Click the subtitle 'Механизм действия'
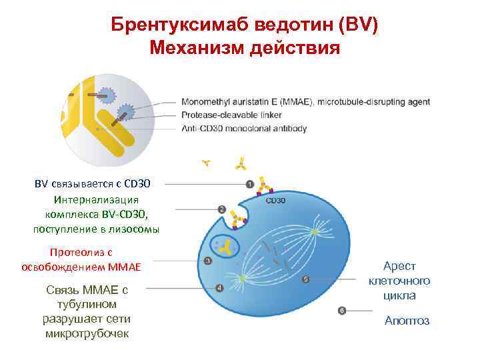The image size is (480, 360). [245, 48]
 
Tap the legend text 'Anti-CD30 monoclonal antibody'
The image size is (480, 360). [244, 128]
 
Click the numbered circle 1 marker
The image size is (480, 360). [249, 184]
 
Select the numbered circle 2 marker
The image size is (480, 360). [221, 209]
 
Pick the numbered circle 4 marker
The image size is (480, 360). [219, 288]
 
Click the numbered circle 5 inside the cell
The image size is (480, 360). [305, 279]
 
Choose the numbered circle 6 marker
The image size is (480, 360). [342, 311]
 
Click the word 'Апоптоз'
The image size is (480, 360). [407, 321]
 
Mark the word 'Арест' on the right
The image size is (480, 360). [399, 266]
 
